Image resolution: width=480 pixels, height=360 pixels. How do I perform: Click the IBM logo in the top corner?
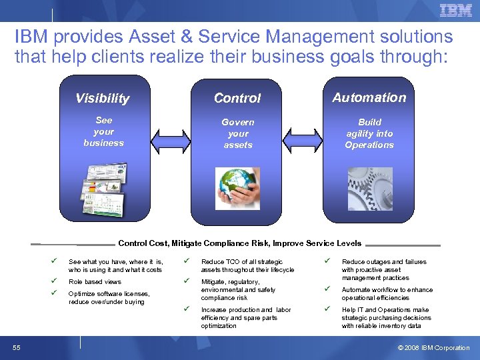(x=455, y=10)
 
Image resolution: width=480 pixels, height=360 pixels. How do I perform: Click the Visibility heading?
(x=102, y=99)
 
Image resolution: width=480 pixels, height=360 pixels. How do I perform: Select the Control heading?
(x=237, y=98)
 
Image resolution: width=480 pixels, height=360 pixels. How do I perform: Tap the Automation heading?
(x=369, y=97)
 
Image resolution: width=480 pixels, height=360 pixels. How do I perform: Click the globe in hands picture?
(x=237, y=188)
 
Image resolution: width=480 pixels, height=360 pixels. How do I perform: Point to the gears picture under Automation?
(x=369, y=186)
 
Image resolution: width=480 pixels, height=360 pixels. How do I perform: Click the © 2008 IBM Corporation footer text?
(x=433, y=347)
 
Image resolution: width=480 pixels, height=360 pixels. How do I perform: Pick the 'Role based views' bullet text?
(x=95, y=282)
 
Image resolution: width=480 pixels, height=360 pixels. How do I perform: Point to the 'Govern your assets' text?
(x=238, y=133)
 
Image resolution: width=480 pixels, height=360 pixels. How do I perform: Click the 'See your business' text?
(x=103, y=131)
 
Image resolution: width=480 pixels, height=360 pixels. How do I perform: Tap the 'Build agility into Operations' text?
(x=369, y=133)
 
